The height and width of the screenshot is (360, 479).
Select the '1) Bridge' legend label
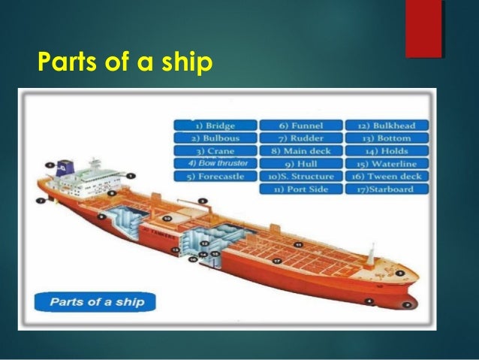214,126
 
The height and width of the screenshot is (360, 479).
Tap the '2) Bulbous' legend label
214,138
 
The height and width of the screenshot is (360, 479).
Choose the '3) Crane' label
214,151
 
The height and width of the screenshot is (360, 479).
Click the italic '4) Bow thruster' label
214,163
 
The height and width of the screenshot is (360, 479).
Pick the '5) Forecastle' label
214,177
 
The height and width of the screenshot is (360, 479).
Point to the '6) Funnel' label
300,126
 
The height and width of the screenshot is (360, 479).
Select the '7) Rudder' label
300,138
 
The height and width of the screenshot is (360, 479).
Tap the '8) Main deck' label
300,151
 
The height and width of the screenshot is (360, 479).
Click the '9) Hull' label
300,164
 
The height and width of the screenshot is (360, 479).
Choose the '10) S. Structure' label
300,177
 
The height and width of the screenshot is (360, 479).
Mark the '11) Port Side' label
300,189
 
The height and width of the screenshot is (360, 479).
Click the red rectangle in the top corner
423,28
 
